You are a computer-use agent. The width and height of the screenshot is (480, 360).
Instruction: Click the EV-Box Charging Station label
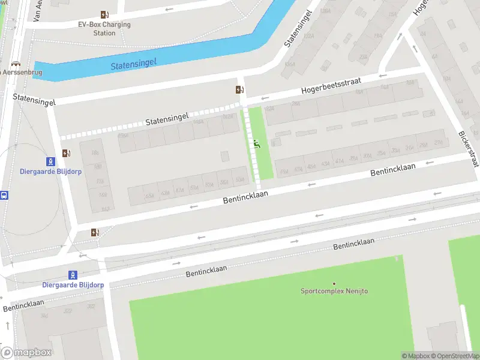pos(104,29)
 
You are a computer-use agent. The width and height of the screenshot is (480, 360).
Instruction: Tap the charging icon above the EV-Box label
pos(105,15)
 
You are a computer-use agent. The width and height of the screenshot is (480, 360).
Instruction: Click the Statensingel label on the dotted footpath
pos(167,119)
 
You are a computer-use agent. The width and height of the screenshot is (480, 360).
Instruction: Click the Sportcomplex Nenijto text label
pos(334,291)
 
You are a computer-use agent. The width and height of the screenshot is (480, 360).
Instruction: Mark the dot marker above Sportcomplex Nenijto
pos(334,283)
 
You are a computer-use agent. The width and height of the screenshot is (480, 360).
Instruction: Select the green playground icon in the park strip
pos(257,143)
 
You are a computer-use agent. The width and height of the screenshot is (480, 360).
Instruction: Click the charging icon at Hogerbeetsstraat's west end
pos(240,90)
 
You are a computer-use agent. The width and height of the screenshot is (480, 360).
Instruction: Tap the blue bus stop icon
pos(4,195)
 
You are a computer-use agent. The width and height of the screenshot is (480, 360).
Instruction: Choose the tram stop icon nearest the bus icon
pos(52,161)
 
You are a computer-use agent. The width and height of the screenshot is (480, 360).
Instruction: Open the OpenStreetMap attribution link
pos(454,356)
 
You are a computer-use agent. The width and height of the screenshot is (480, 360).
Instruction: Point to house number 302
pos(91,306)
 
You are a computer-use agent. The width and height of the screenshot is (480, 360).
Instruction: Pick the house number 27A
pos(439,143)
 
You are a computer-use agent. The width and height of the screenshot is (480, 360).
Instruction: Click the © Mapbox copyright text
pos(415,356)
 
